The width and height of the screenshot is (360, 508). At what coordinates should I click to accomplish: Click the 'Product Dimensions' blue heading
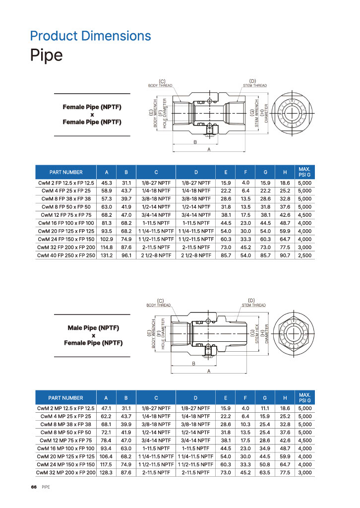coord(90,36)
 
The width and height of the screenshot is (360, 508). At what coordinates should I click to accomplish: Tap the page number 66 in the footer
coord(34,487)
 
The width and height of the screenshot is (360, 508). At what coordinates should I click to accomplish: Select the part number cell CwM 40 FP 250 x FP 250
coord(66,255)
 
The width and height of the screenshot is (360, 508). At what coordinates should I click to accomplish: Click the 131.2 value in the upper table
coord(107,255)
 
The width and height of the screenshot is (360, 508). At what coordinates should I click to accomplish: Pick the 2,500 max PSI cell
coord(304,255)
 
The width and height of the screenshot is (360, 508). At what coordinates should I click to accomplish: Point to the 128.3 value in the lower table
coord(106,473)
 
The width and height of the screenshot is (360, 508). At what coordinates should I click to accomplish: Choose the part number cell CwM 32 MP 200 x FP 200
coord(66,473)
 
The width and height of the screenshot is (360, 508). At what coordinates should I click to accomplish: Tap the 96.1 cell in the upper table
coord(126,255)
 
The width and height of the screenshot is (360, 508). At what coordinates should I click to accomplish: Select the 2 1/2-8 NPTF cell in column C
coord(156,255)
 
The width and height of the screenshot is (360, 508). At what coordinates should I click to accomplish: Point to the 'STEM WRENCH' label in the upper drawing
coord(257,114)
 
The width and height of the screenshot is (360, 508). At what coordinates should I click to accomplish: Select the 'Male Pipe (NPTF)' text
coord(93,328)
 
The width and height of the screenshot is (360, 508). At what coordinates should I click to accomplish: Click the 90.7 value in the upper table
coord(285,255)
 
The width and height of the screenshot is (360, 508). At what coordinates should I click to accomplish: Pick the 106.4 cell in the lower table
coord(106,456)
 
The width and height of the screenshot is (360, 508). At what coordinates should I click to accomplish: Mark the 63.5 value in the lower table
coord(265,473)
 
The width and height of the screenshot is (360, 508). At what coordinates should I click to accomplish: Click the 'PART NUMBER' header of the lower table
coord(66,398)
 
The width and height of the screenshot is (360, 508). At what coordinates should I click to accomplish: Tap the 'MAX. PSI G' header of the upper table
coord(304,172)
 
